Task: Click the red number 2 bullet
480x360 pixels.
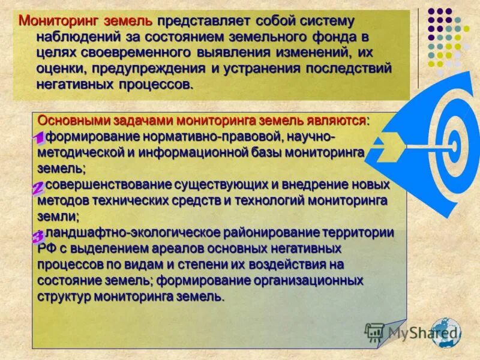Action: (37, 188)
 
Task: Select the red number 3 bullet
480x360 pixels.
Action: (37, 236)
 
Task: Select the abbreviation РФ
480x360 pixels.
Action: (46, 248)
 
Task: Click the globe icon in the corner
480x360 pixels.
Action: (445, 332)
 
